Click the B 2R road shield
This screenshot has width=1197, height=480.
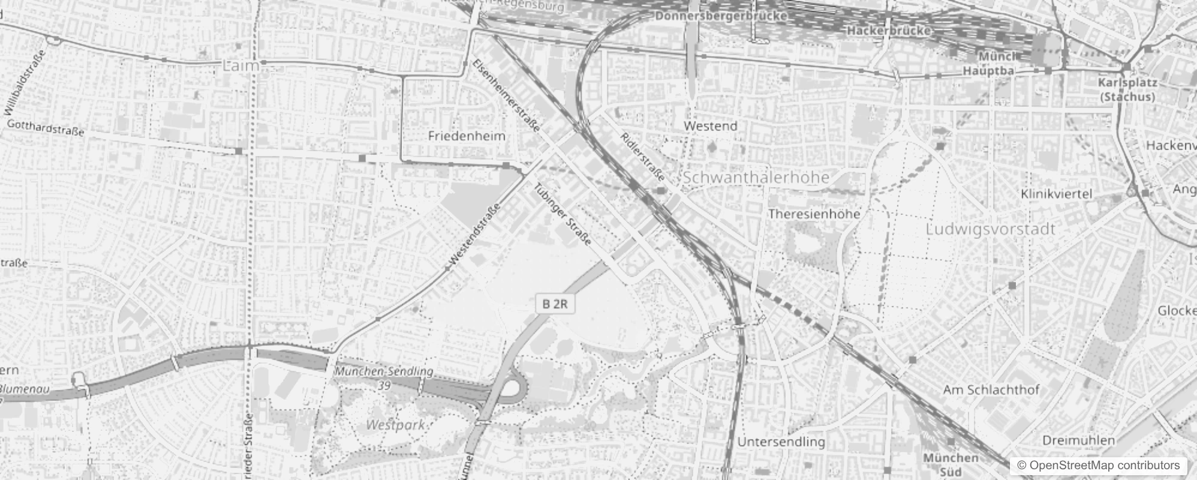[x=555, y=304]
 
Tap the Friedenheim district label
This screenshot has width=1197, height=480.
[x=467, y=136]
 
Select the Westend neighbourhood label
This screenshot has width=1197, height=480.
[x=710, y=126]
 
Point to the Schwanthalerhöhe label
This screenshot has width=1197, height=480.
[x=756, y=178]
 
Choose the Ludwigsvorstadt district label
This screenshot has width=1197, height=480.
[x=990, y=229]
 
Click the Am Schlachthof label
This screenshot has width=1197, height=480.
[x=991, y=389]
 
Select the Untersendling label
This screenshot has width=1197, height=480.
[x=781, y=442]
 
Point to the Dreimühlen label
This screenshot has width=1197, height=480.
[x=1078, y=440]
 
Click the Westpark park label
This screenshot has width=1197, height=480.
[x=395, y=425]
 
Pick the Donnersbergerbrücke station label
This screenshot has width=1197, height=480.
[x=720, y=16]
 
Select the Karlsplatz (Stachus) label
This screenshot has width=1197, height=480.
[x=1127, y=89]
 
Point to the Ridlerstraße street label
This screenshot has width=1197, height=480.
[x=642, y=157]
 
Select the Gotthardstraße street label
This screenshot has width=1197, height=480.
[x=46, y=128]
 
